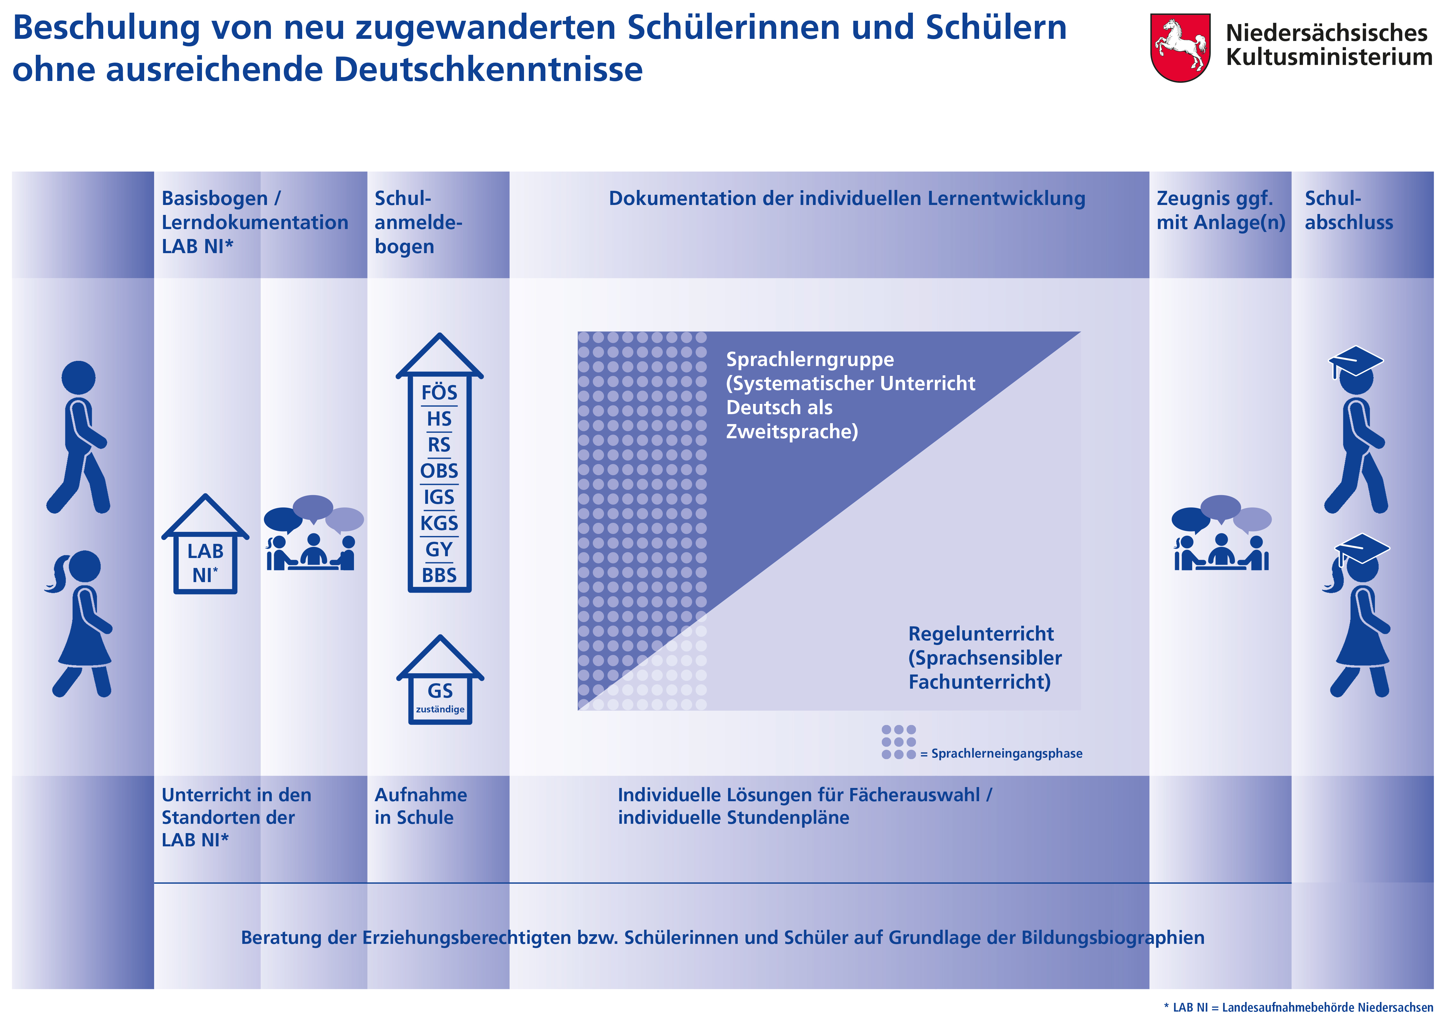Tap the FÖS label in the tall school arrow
coord(439,392)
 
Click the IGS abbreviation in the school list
coord(439,497)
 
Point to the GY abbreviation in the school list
coord(439,549)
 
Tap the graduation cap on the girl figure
coord(1362,548)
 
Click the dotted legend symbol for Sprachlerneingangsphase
coord(898,742)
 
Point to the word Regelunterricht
coord(980,634)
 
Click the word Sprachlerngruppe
coord(810,359)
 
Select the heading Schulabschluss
coord(1348,210)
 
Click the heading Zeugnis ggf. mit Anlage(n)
coord(1220,210)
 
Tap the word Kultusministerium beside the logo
coord(1329,57)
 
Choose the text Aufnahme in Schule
coord(420,806)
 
